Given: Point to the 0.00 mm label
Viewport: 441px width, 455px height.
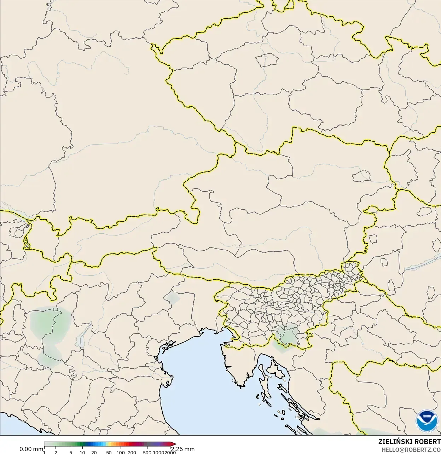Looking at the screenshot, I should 31,449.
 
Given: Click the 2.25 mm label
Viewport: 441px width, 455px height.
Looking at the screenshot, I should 183,449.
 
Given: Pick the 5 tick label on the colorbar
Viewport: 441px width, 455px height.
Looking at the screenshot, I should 71,453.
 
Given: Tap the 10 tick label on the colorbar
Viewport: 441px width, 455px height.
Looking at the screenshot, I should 82,453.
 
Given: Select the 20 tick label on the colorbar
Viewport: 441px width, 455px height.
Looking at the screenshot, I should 94,453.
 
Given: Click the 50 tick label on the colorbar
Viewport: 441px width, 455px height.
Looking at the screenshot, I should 109,453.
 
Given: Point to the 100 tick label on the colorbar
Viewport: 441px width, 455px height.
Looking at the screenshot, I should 121,453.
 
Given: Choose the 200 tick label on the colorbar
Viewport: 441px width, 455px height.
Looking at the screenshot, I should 132,453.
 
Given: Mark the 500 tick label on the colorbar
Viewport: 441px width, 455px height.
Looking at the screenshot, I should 147,453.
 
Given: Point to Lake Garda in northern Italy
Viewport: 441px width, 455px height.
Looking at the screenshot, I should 83,336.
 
